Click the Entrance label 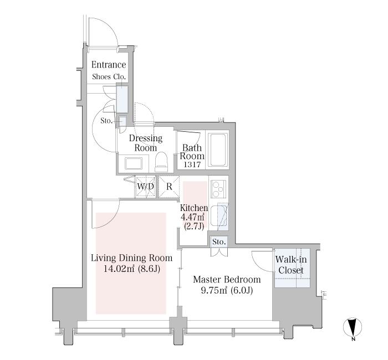(109, 65)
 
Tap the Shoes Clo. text (109, 76)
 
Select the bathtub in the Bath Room (218, 150)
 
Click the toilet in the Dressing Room (161, 162)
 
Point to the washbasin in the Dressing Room (134, 163)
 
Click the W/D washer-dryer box (145, 187)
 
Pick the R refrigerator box (169, 187)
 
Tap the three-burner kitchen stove (218, 189)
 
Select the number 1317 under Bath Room (192, 164)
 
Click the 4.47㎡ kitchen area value (192, 217)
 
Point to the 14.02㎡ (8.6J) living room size (132, 269)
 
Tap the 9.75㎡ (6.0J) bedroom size (227, 291)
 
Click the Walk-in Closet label (291, 265)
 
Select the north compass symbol (353, 327)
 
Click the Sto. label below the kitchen (219, 242)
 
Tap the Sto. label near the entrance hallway (106, 121)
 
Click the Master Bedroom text (227, 280)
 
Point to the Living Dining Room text (132, 258)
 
